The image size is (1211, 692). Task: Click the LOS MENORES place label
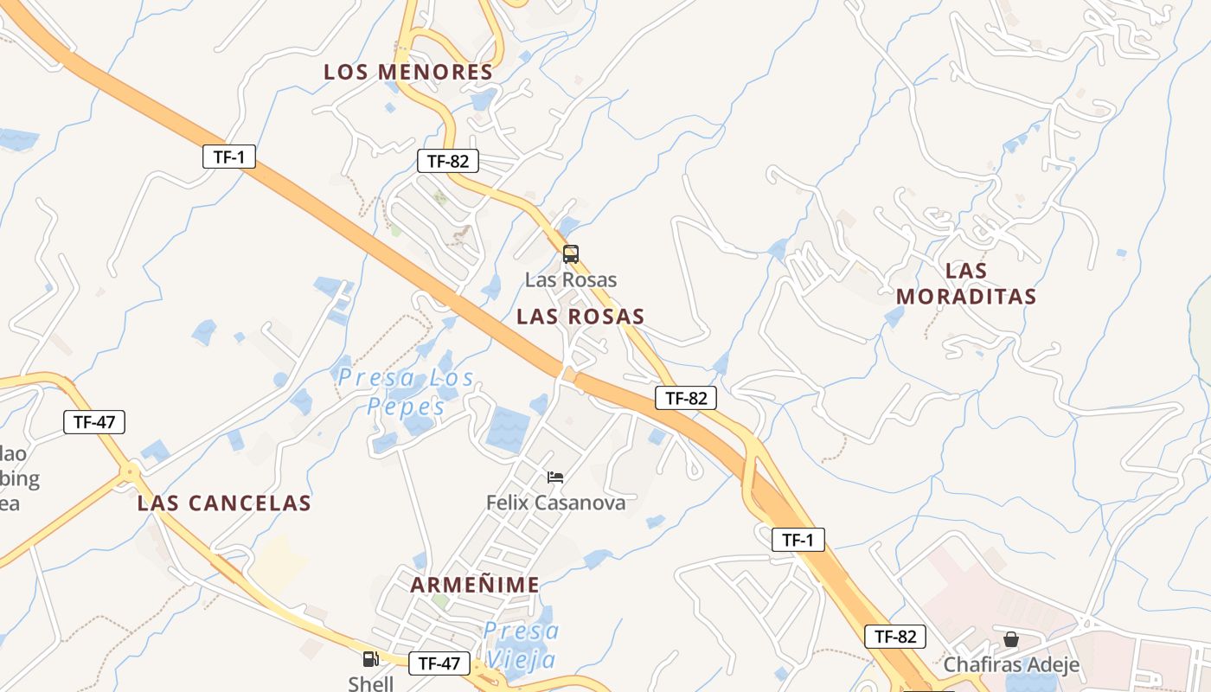[408, 72]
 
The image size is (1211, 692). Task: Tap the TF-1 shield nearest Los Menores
[229, 157]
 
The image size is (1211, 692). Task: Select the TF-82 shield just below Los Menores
[447, 161]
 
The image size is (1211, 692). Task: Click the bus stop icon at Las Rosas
[570, 254]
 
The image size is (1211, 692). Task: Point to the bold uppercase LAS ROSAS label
[580, 317]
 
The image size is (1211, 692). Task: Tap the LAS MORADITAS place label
[966, 284]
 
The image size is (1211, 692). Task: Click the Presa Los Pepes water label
[406, 392]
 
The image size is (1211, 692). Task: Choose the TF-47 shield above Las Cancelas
[94, 422]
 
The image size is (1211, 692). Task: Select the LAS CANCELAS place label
[224, 503]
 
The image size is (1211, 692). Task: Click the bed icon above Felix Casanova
[555, 477]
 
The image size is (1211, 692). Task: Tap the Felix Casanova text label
[555, 502]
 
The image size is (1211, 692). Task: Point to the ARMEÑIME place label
[475, 585]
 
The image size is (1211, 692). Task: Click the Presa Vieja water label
[521, 644]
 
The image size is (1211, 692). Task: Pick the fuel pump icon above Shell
[370, 659]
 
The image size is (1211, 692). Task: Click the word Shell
[370, 683]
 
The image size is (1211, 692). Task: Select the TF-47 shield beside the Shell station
[439, 663]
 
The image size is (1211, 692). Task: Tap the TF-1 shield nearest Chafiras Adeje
[798, 540]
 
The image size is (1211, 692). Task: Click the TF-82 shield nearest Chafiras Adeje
[895, 637]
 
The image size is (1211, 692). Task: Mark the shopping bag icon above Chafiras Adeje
[1010, 639]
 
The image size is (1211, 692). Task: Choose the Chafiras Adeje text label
[1011, 664]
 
